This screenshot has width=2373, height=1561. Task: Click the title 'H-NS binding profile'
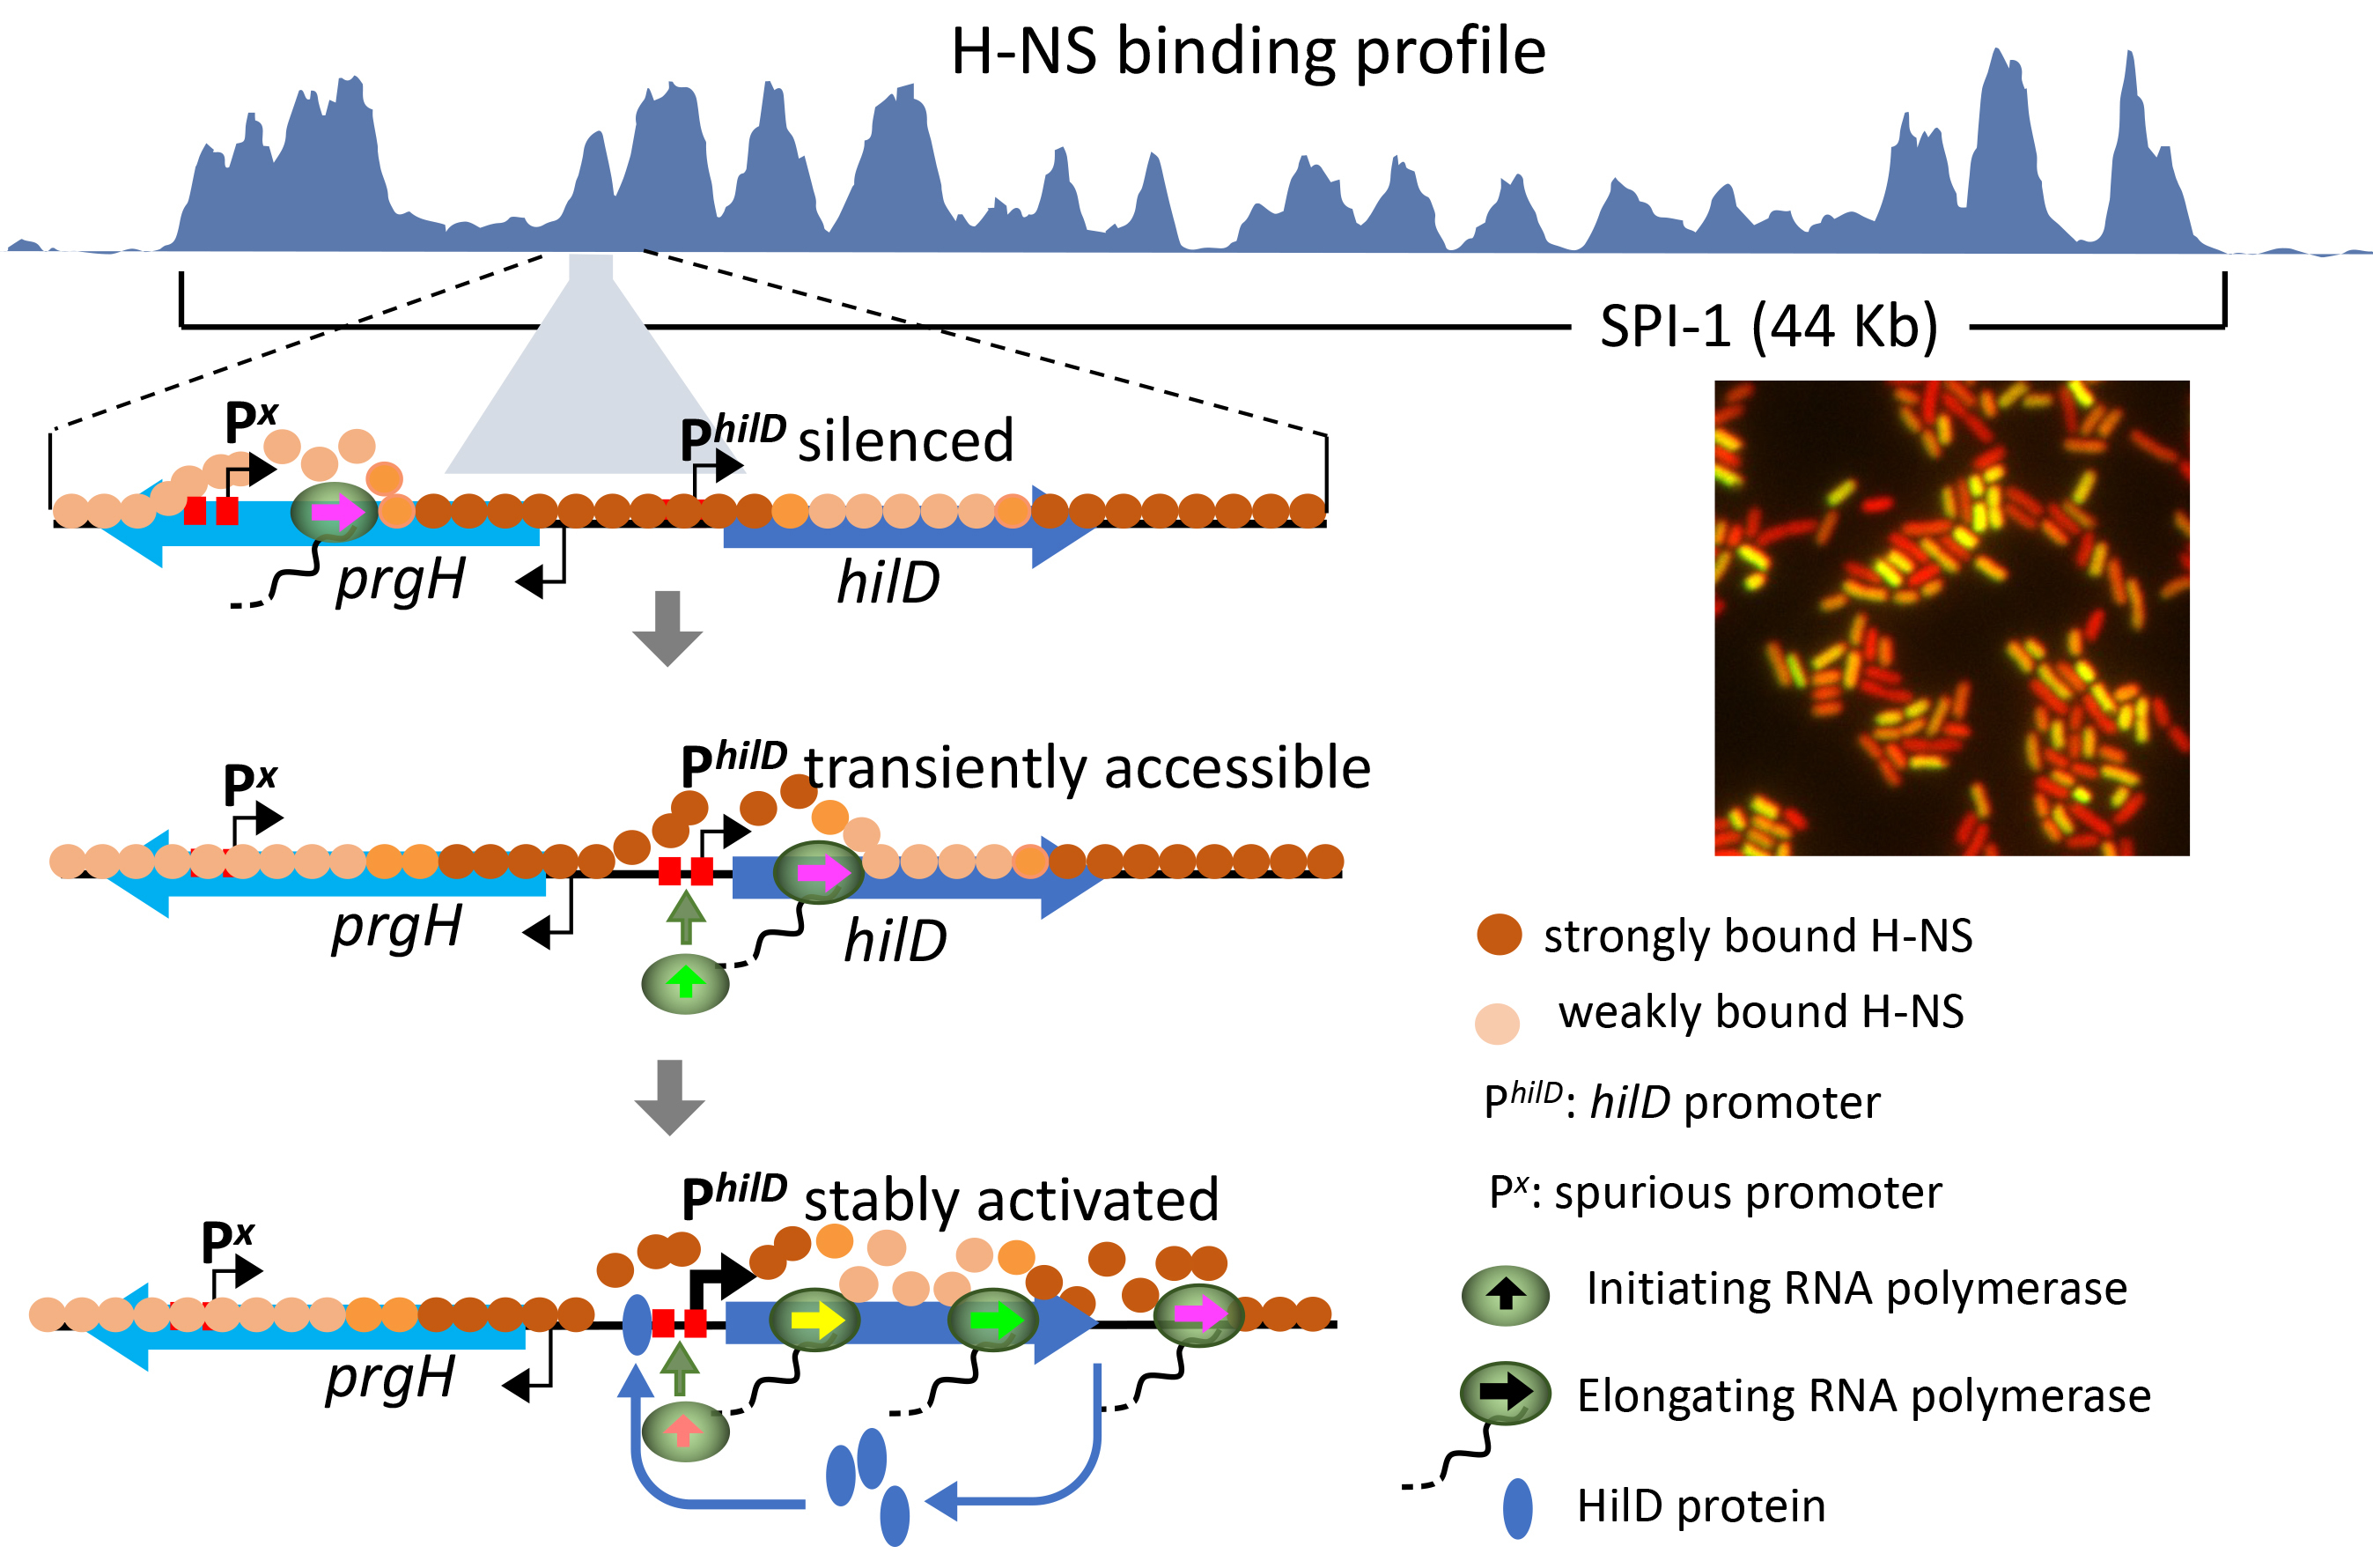coord(1248,52)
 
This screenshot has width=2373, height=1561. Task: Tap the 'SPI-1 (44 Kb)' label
coord(1769,326)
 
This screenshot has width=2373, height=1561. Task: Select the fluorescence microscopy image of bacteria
coord(1951,618)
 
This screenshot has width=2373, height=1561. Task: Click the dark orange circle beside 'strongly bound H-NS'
coord(1499,935)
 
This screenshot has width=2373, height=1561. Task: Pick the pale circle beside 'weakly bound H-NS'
coord(1497,1024)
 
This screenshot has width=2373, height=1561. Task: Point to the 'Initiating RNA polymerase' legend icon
coord(1506,1295)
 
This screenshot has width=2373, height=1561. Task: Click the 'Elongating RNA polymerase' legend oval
coord(1505,1393)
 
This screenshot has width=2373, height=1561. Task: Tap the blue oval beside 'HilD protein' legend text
coord(1517,1508)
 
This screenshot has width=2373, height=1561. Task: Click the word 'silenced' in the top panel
coord(905,440)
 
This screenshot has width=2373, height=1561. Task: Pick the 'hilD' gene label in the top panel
coord(888,582)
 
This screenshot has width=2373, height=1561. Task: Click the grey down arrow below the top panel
coord(668,627)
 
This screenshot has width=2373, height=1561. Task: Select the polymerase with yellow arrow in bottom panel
coord(814,1321)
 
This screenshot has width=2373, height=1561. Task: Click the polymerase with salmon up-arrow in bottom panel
coord(685,1432)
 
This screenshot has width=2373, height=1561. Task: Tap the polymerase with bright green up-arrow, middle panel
coord(685,983)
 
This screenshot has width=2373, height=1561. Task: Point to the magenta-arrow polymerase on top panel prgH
coord(335,513)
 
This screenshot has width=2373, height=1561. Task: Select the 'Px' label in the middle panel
coord(249,784)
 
